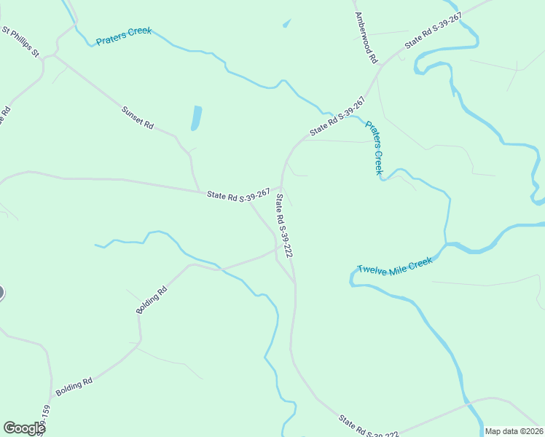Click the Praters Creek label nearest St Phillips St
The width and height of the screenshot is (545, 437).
coord(124,36)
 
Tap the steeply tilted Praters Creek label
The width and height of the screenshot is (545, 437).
coord(374,148)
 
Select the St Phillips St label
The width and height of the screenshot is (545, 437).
coord(20,43)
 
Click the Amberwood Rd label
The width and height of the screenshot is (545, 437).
coord(366,36)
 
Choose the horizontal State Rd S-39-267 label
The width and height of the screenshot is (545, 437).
coord(238,195)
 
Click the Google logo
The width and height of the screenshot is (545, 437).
coord(24,428)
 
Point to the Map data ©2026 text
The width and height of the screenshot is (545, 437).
coord(513,431)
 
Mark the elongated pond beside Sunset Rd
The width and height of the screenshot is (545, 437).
coord(196,118)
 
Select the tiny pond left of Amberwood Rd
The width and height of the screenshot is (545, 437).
coord(286,24)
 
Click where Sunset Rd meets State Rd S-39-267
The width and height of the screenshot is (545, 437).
coord(200,192)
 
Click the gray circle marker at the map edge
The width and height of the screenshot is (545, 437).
coord(1,293)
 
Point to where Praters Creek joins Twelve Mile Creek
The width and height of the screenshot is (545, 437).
coord(446,244)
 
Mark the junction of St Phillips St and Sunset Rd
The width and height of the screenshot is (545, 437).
coord(52,55)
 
